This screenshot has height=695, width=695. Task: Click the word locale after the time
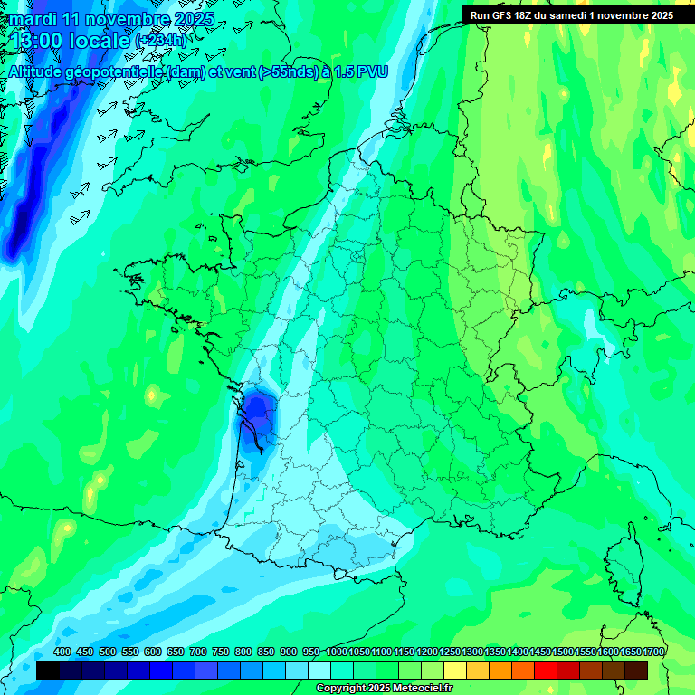point(103,40)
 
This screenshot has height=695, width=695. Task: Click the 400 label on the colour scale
point(62,652)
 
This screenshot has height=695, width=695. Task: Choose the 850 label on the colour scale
point(265,652)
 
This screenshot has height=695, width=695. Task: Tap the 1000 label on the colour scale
point(336,652)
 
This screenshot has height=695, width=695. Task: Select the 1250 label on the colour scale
point(450,652)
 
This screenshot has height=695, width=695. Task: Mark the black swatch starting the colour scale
point(48,670)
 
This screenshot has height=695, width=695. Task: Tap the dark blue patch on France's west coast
point(261,412)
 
